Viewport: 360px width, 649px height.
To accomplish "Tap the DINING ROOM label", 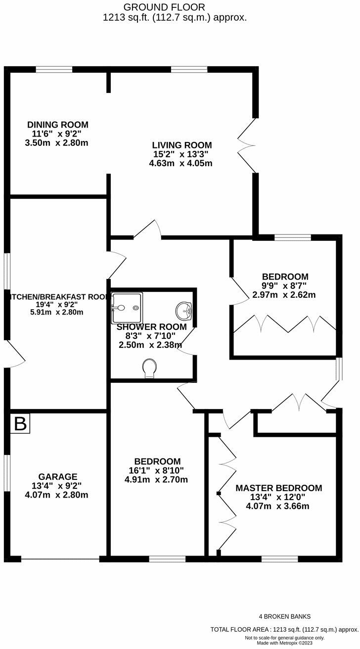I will click(x=58, y=125).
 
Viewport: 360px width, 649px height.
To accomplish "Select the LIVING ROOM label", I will click(x=181, y=145).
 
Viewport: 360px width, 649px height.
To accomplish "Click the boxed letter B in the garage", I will click(x=20, y=424).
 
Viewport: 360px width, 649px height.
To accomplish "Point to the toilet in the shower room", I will click(x=149, y=368).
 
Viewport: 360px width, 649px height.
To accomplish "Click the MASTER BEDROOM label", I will click(x=278, y=488).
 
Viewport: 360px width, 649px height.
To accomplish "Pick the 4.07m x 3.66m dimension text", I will click(x=278, y=506).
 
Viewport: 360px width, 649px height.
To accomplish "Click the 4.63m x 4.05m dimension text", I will click(x=181, y=163).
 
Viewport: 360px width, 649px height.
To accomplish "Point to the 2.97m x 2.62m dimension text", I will click(x=284, y=295).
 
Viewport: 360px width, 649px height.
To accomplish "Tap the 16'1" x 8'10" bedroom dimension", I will click(x=156, y=470).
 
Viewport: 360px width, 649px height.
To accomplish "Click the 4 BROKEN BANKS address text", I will click(x=285, y=616).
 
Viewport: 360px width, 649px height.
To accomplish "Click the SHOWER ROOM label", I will click(x=151, y=327).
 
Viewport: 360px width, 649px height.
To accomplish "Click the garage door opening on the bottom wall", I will click(x=60, y=559).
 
